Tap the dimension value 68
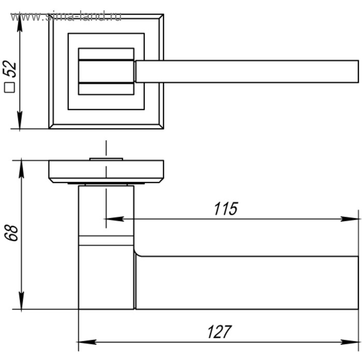[11, 233]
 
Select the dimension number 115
[226, 209]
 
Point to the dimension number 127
[219, 332]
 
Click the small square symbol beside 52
[9, 87]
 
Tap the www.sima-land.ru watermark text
[66, 17]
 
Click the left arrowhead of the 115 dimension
[114, 219]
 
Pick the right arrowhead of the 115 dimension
[350, 219]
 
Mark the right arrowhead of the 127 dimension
[350, 342]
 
